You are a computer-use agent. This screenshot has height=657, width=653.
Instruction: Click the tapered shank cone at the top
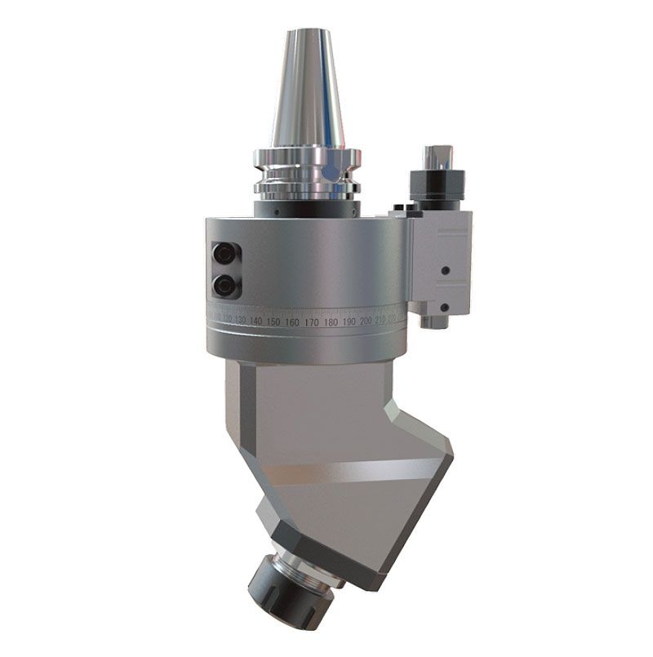[307, 90]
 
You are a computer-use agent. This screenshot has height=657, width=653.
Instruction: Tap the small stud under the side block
[433, 322]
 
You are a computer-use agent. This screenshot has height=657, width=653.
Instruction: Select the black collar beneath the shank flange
[306, 207]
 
